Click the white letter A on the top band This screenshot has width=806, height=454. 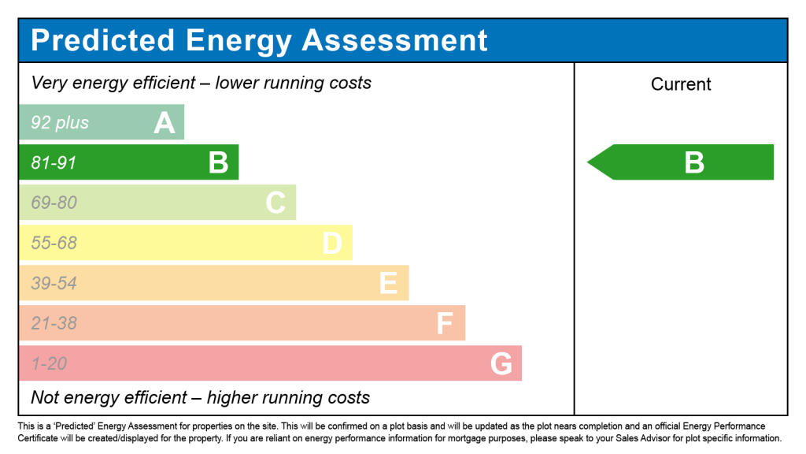tap(164, 123)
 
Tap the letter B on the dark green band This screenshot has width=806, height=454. tap(218, 163)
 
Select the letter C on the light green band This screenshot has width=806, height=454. tap(275, 203)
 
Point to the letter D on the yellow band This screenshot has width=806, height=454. tap(332, 244)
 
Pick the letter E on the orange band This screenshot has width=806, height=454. tap(388, 284)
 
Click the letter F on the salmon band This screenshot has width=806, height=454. tap(445, 324)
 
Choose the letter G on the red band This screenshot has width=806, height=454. tap(501, 364)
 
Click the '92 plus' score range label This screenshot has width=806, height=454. tap(60, 123)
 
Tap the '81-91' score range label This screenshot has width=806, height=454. tap(54, 163)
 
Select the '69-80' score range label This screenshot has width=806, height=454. tap(54, 203)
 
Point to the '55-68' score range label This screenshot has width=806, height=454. tap(54, 244)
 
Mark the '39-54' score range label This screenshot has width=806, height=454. tap(54, 284)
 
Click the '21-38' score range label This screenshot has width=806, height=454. tap(54, 324)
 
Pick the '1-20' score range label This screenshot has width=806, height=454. tap(49, 364)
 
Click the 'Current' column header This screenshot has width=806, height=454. tap(681, 84)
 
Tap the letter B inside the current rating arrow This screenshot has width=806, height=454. tap(693, 162)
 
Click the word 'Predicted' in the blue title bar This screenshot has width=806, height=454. tap(102, 40)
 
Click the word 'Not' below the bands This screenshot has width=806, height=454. tap(45, 396)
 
